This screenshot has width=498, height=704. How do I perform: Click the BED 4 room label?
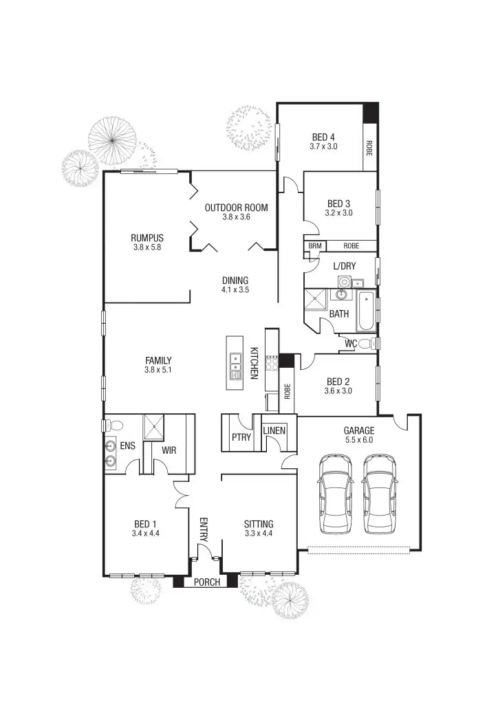click(x=322, y=136)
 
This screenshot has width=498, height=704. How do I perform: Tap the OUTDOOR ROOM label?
click(x=236, y=208)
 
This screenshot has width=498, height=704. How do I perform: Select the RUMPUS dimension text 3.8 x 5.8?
click(x=147, y=247)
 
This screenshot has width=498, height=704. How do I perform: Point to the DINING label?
click(x=235, y=280)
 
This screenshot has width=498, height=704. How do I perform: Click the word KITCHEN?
click(x=254, y=363)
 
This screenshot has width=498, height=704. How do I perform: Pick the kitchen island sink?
click(x=235, y=357)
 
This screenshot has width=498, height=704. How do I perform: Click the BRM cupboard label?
click(x=315, y=245)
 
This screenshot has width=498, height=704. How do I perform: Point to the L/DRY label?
click(x=344, y=266)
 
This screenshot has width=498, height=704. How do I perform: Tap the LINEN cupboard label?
click(x=274, y=431)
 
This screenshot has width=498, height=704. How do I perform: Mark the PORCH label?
click(x=206, y=582)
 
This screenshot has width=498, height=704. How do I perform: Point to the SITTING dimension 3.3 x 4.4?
click(x=259, y=533)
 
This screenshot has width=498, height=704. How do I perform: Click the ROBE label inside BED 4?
click(x=369, y=147)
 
